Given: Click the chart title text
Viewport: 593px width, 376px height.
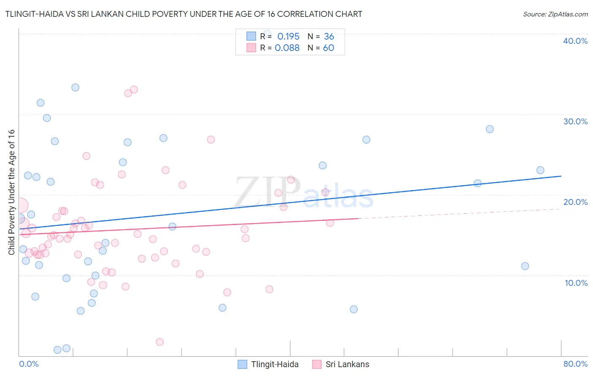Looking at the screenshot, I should (183, 14).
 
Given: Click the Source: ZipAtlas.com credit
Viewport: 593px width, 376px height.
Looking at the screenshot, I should (555, 14).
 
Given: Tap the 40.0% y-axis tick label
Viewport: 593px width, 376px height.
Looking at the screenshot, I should (575, 41).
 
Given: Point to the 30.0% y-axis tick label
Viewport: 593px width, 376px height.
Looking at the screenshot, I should (575, 121).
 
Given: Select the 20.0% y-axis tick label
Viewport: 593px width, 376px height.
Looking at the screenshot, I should (575, 202).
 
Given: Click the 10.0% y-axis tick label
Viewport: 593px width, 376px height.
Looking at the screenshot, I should (576, 283).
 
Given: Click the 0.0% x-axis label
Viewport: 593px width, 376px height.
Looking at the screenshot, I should (29, 364).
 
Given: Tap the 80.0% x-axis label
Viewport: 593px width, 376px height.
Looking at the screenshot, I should (575, 364).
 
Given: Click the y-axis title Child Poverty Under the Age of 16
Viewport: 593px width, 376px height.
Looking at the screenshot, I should (11, 192).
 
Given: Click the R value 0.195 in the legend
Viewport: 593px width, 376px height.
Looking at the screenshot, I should (288, 36).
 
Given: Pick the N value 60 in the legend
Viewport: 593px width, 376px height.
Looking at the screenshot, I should (328, 48).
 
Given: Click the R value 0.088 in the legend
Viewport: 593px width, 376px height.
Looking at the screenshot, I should (287, 48).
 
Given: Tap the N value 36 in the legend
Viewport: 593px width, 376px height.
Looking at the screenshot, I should (329, 36).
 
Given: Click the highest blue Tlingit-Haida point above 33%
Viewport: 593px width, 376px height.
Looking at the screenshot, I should (75, 88).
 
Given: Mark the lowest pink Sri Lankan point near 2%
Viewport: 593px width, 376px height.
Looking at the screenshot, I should (159, 342).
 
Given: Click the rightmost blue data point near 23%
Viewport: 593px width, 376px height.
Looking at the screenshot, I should (540, 170).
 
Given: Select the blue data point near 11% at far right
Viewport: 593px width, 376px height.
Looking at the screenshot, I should (525, 266).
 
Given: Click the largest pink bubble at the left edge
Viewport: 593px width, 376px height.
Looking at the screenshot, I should (20, 206).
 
